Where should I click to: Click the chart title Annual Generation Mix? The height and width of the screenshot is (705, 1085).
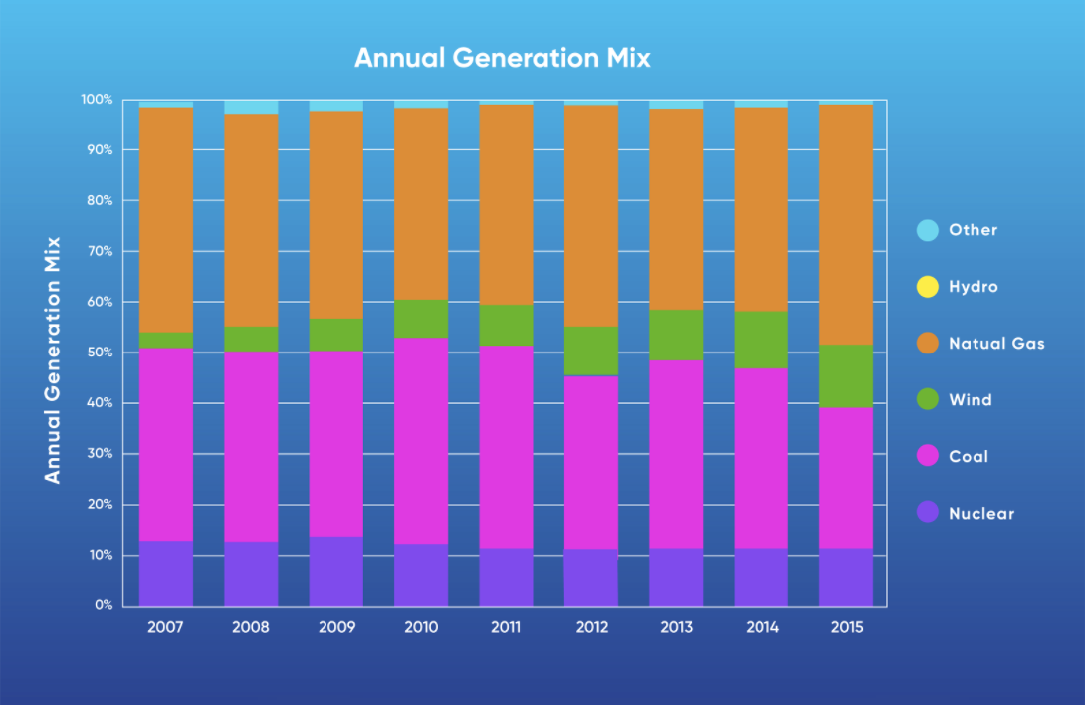(x=502, y=58)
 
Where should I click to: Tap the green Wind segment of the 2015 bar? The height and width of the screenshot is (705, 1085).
(x=846, y=375)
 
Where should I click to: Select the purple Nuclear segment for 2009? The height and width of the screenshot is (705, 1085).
(x=335, y=571)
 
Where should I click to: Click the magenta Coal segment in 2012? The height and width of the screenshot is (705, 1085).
(x=591, y=462)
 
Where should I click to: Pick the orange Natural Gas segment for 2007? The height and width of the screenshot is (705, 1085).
(x=165, y=219)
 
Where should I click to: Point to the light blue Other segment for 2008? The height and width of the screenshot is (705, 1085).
(x=251, y=107)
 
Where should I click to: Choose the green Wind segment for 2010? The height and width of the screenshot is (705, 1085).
(x=421, y=319)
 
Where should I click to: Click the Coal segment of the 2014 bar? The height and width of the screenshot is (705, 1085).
(x=761, y=458)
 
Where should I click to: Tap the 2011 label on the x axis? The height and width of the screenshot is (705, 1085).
(x=506, y=628)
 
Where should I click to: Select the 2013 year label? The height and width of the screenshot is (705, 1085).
(x=676, y=628)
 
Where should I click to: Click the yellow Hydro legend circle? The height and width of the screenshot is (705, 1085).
(x=927, y=287)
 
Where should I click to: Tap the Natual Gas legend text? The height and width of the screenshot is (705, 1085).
(x=996, y=344)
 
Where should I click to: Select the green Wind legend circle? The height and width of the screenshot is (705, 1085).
(x=927, y=400)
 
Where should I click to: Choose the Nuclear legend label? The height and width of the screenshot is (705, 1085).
(x=981, y=514)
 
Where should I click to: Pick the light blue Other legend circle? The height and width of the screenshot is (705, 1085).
(x=927, y=230)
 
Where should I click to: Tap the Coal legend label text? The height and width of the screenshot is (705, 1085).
(x=969, y=457)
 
